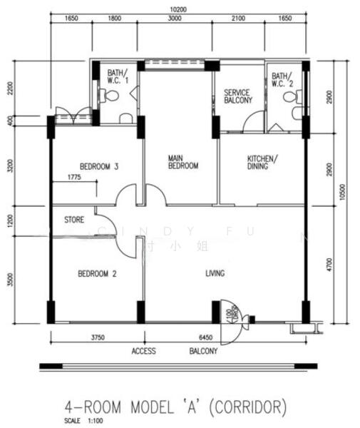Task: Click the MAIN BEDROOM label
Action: point(182,161)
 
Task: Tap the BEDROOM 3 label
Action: point(98,166)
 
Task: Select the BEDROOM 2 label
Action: point(97,273)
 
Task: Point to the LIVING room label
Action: point(215,273)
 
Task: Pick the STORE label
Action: point(75,219)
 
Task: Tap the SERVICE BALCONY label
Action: point(238,96)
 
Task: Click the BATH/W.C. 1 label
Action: point(118,76)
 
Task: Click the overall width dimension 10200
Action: point(178,9)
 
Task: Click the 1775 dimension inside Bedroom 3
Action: point(76,176)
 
